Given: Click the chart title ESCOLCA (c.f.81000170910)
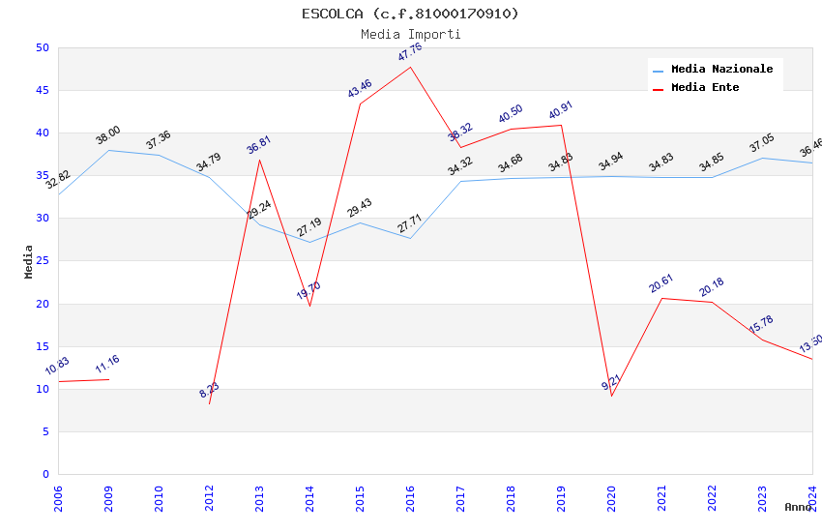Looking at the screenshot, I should point(410,14).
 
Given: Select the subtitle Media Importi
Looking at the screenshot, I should point(410,34).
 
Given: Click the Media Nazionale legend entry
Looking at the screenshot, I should point(721,70).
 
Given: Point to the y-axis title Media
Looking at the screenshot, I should point(28,261).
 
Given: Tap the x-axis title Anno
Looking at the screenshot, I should point(798,507).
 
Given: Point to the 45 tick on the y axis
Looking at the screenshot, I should point(42,91).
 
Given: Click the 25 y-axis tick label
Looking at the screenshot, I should point(42,219).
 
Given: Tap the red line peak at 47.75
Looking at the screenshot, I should point(410,67).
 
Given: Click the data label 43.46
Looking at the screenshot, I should point(360,88).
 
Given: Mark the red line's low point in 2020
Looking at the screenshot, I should point(611,396).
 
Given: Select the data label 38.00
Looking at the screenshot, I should point(108,135).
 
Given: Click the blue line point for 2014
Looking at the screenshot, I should point(309,242).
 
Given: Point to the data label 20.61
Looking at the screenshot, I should point(661,283).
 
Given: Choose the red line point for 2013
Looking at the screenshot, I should point(259,160).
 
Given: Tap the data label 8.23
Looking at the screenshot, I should point(210,390).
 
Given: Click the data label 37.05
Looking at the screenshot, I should point(762,143).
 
